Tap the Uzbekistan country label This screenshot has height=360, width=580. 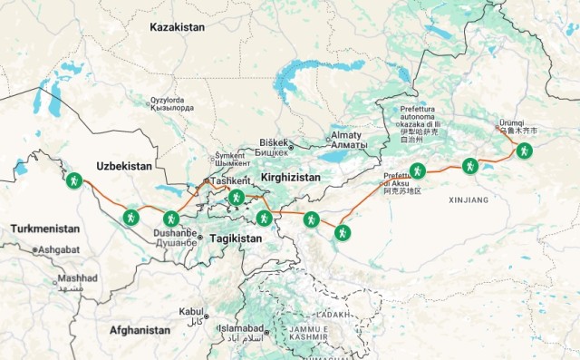point(123,167)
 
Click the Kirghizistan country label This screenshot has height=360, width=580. point(290,177)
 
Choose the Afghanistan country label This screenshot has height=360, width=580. point(140,331)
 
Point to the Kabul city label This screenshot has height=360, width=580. point(191,311)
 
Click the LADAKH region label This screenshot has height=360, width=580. point(333,314)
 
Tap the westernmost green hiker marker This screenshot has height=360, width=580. point(74,180)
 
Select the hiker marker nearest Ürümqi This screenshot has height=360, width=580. point(524,151)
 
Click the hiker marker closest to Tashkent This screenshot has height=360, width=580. point(237,197)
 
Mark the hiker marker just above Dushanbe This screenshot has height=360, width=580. point(170,218)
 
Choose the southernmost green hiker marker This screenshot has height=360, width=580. point(343,232)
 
